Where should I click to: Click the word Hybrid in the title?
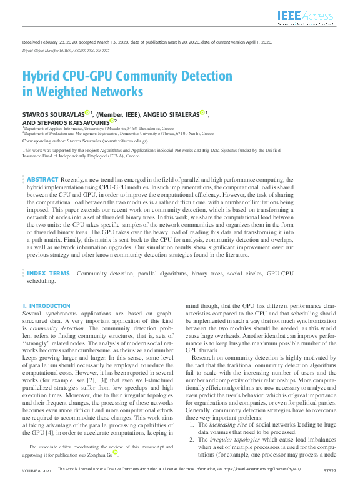41,77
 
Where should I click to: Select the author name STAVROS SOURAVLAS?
52,114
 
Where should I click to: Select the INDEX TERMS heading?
49,273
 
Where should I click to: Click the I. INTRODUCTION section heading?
47,306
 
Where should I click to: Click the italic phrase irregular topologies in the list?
231,440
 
